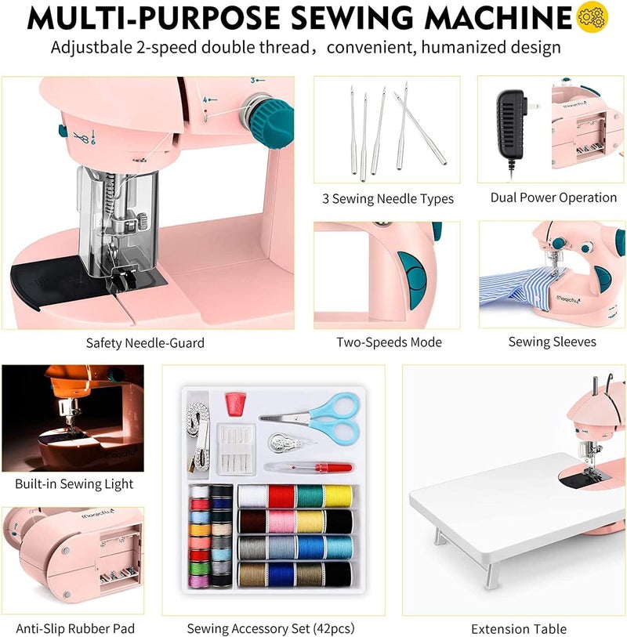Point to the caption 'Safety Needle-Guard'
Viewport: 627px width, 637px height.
[x=146, y=343]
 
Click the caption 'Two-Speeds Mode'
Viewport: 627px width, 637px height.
[x=389, y=342]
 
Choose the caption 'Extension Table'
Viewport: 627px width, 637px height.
[x=518, y=628]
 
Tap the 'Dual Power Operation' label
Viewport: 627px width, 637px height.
[x=553, y=197]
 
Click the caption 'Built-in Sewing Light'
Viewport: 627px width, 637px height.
[x=74, y=484]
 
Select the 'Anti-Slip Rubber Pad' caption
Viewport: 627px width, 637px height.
[x=74, y=628]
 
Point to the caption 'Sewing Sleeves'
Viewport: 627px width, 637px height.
[x=552, y=342]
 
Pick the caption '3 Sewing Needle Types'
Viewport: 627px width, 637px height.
[x=388, y=199]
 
